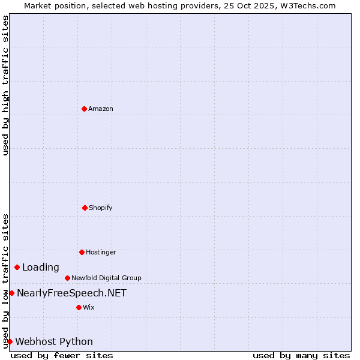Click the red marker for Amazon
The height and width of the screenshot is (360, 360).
pyautogui.click(x=84, y=109)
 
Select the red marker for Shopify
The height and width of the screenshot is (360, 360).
pyautogui.click(x=85, y=208)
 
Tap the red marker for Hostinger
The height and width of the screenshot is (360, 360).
pyautogui.click(x=82, y=252)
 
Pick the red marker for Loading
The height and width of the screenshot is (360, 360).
pyautogui.click(x=17, y=267)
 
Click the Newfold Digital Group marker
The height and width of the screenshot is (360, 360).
pyautogui.click(x=67, y=278)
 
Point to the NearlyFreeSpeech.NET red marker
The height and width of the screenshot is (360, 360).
pyautogui.click(x=11, y=293)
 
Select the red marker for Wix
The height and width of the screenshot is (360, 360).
pyautogui.click(x=79, y=307)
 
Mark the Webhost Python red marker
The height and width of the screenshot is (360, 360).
pyautogui.click(x=10, y=341)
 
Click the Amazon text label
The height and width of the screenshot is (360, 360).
pyautogui.click(x=101, y=109)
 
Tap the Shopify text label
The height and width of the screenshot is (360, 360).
pyautogui.click(x=101, y=208)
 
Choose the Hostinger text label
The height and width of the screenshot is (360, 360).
pyautogui.click(x=101, y=252)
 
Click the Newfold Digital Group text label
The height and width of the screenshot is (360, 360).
pyautogui.click(x=106, y=278)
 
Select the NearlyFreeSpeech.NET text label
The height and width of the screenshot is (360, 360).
pyautogui.click(x=71, y=293)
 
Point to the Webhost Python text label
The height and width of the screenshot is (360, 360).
pyautogui.click(x=54, y=341)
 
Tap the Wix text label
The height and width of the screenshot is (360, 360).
pyautogui.click(x=89, y=307)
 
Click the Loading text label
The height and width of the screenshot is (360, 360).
pyautogui.click(x=41, y=267)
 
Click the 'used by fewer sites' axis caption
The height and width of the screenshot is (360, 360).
pyautogui.click(x=62, y=355)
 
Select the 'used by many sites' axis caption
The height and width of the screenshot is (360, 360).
pyautogui.click(x=301, y=355)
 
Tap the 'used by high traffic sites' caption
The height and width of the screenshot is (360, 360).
pyautogui.click(x=5, y=86)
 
